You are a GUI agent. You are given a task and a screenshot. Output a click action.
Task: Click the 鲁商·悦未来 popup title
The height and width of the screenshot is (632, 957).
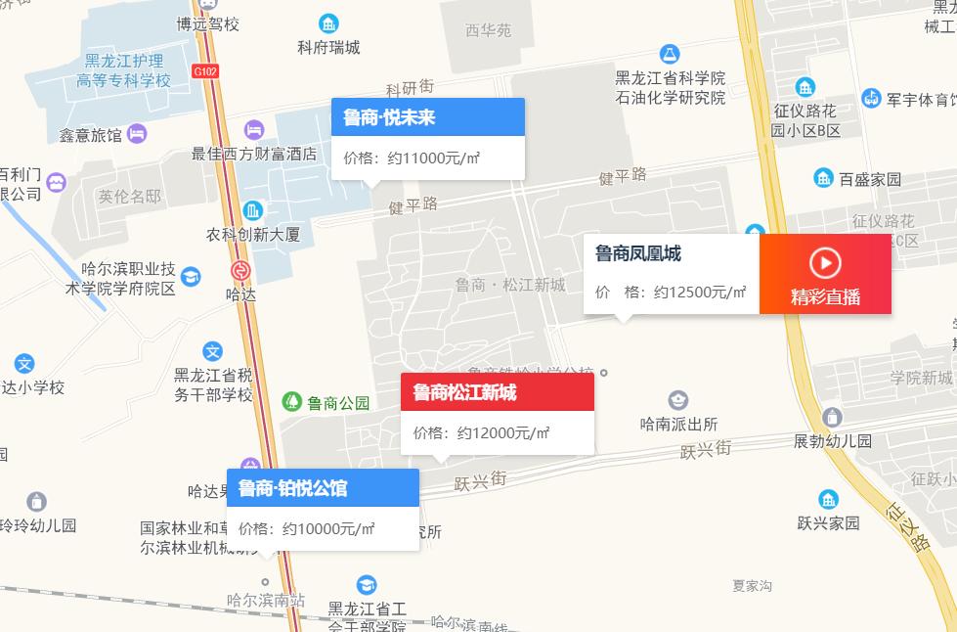pos(389,118)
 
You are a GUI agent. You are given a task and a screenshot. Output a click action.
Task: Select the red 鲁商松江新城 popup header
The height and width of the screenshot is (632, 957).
pos(464,392)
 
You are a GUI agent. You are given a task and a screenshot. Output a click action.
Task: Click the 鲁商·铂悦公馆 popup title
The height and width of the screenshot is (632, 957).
pos(292,488)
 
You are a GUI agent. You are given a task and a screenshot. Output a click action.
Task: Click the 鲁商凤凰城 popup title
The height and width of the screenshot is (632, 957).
pos(638,254)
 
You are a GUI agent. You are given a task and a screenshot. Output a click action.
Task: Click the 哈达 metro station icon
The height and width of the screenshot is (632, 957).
pos(240,271)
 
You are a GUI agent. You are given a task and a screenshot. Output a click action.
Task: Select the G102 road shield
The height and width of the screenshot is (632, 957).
pos(206,70)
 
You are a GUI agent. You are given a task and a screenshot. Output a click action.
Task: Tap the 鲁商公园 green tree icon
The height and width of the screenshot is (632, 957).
pos(291,401)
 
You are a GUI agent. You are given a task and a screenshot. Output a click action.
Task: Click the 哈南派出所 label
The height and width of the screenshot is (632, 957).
pos(678,424)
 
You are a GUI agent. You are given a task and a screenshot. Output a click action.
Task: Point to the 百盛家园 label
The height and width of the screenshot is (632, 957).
pos(870,179)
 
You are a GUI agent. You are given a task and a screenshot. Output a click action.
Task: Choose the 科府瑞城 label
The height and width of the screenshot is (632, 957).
pos(328,47)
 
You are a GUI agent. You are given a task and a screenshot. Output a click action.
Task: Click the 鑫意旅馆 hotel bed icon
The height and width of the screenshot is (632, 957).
pos(137,133)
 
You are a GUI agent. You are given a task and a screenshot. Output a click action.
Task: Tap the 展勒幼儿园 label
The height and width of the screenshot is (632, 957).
pos(832,440)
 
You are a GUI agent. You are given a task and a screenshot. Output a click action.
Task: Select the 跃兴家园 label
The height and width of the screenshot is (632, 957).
pos(827,522)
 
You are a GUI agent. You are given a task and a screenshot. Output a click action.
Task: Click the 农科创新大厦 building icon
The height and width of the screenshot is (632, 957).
pos(253,210)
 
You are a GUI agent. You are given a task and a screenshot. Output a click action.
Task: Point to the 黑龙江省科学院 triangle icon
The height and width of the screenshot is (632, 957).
pos(670,53)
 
